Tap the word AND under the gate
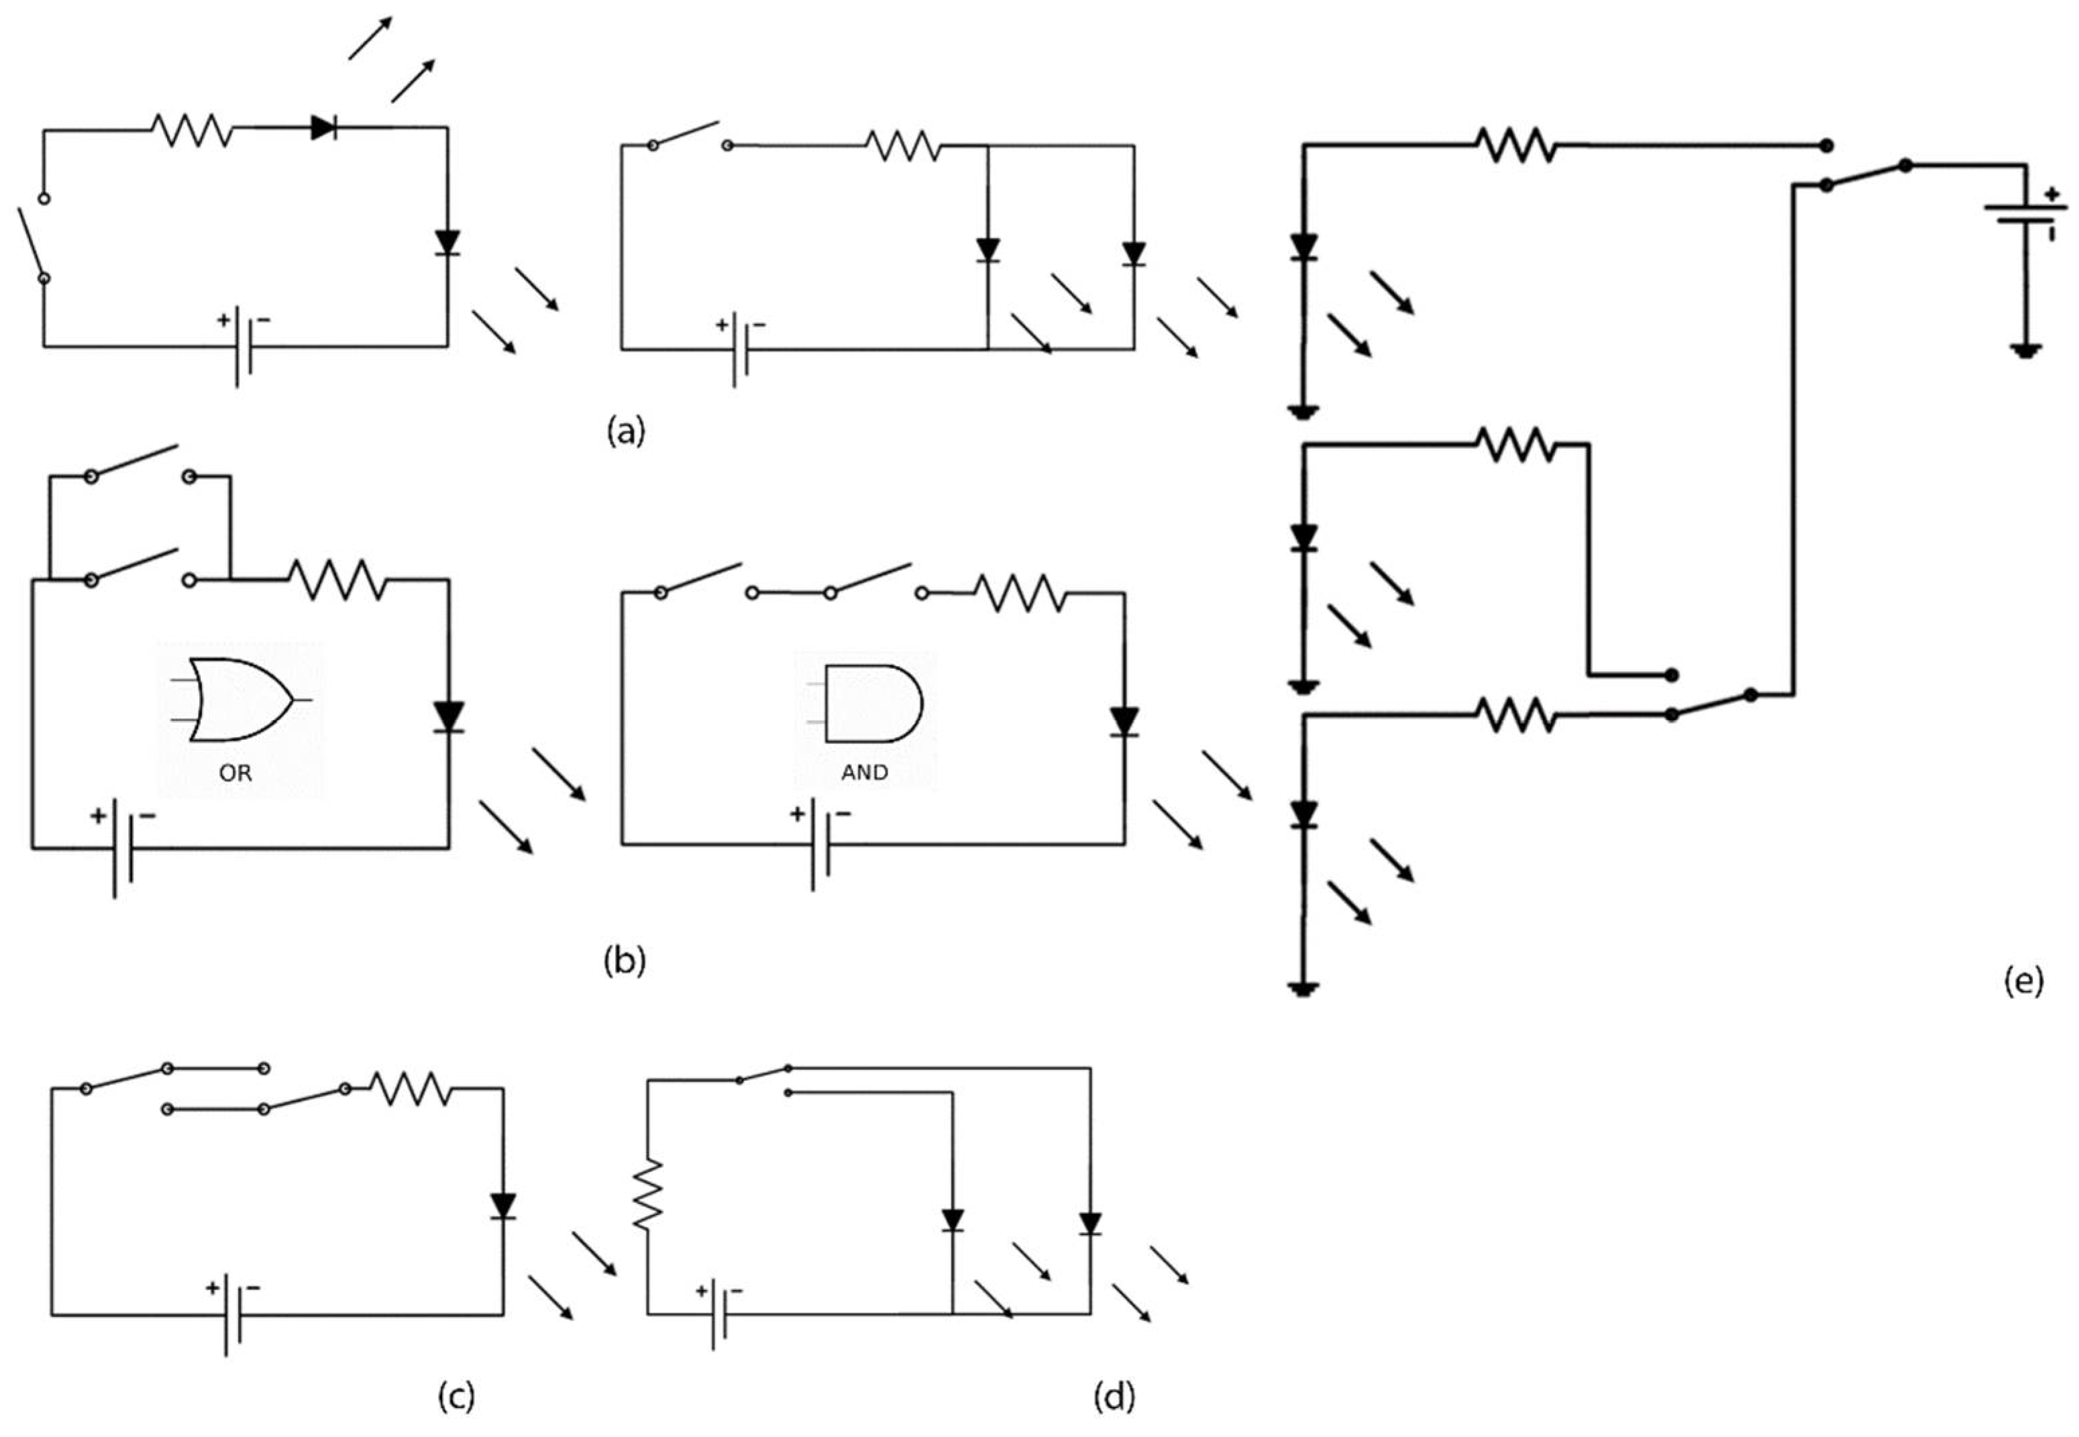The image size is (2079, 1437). pos(864,773)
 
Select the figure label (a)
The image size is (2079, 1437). pos(627,431)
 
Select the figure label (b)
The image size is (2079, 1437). pos(624,961)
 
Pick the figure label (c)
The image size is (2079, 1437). pos(456,1397)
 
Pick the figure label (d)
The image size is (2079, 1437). pos(1114,1397)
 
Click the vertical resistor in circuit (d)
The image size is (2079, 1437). pos(647,1195)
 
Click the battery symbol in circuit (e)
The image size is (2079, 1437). pos(2026,214)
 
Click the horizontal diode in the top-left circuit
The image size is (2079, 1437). pos(323,128)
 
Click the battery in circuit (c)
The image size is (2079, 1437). pos(232,1314)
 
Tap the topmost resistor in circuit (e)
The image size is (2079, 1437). pos(1515,145)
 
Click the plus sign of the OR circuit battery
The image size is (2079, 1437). pos(97,816)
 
